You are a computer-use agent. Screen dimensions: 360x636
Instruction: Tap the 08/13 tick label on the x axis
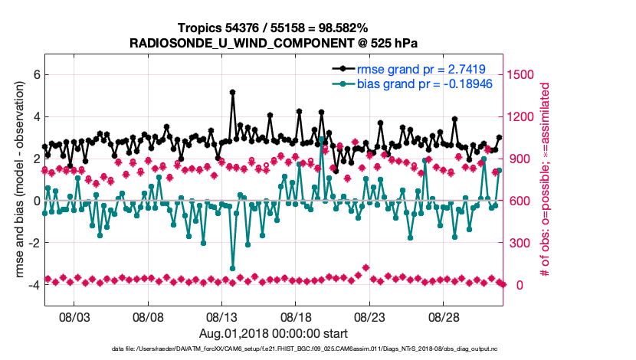tap(222, 317)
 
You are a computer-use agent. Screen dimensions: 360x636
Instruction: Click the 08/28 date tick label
tap(443, 317)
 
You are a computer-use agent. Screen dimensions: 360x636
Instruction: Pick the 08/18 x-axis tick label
tap(296, 317)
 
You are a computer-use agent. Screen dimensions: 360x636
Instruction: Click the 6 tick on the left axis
tap(35, 74)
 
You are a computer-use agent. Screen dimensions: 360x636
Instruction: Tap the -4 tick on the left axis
tap(33, 285)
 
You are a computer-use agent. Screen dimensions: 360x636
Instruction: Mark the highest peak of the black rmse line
tap(232, 92)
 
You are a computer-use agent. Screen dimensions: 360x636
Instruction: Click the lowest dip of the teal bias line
tap(232, 268)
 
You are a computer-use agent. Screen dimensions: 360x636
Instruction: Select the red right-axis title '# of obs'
tap(546, 179)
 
